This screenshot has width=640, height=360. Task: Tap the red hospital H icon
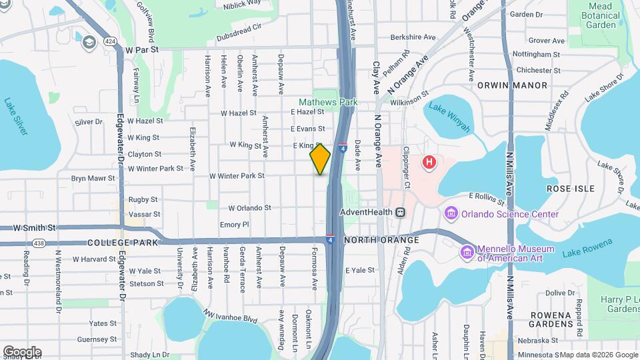click(x=429, y=161)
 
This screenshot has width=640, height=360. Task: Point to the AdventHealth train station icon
click(x=400, y=213)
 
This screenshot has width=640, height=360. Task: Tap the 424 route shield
click(x=111, y=41)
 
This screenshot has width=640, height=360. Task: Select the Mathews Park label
click(x=327, y=102)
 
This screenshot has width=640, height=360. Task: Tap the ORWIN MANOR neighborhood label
click(x=512, y=85)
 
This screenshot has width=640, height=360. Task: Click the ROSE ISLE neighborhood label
click(x=570, y=189)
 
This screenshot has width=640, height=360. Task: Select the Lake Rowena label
click(x=591, y=253)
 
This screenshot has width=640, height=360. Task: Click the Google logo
click(x=22, y=352)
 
